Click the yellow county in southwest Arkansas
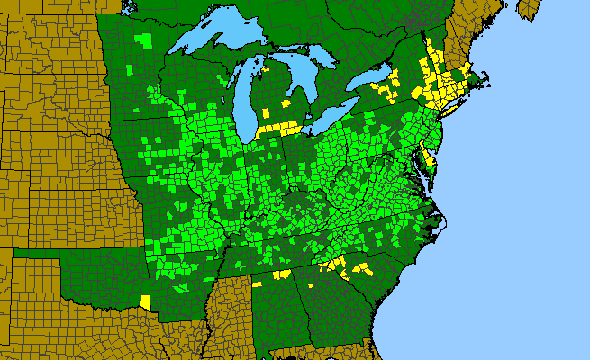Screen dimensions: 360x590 [x=146, y=301]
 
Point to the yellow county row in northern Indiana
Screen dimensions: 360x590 [x=279, y=129]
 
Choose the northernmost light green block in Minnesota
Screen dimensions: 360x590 [x=144, y=40]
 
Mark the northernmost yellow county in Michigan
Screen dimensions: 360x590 [x=267, y=112]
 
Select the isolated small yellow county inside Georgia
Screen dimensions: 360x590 [x=310, y=284]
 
